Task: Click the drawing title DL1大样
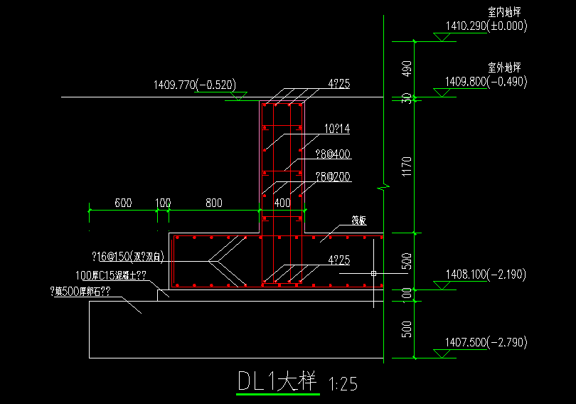[x=277, y=382]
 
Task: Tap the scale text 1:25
[x=343, y=385]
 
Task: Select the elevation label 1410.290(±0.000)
[x=486, y=26]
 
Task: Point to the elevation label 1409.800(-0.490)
[x=486, y=82]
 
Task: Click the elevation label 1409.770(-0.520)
[x=194, y=85]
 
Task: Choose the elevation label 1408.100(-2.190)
[x=486, y=274]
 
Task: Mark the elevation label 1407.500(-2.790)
[x=486, y=342]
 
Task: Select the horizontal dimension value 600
[x=123, y=203]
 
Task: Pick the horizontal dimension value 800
[x=213, y=203]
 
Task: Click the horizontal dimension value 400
[x=282, y=203]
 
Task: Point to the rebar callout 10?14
[x=336, y=129]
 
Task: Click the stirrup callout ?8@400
[x=333, y=154]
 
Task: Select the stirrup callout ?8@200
[x=333, y=176]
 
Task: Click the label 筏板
[x=359, y=220]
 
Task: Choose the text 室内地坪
[x=506, y=13]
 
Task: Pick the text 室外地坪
[x=506, y=68]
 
